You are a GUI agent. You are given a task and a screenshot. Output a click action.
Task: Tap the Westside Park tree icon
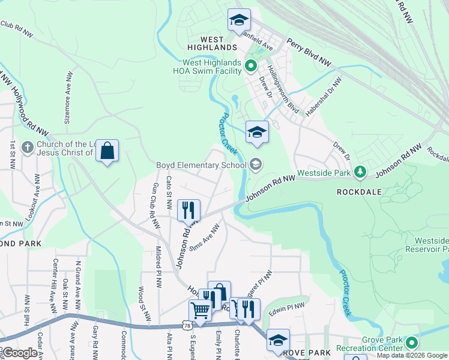pos(360,172)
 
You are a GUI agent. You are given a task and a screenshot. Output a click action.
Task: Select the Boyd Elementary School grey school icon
pos(256,164)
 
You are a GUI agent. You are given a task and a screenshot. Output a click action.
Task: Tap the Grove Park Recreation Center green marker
pos(412,343)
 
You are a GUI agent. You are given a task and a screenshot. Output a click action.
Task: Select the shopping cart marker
pos(200,311)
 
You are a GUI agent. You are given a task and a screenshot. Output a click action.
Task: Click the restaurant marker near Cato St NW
pos(188,210)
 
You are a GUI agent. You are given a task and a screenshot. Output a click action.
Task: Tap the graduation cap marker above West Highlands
pos(239,20)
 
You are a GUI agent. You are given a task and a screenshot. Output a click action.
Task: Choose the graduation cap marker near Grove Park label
pos(278,340)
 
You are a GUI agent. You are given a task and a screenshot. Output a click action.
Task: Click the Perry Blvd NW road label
pos(309,53)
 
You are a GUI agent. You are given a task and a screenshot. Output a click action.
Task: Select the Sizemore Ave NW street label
pos(67,99)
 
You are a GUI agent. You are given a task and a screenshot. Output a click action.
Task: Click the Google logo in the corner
pos(20,353)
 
